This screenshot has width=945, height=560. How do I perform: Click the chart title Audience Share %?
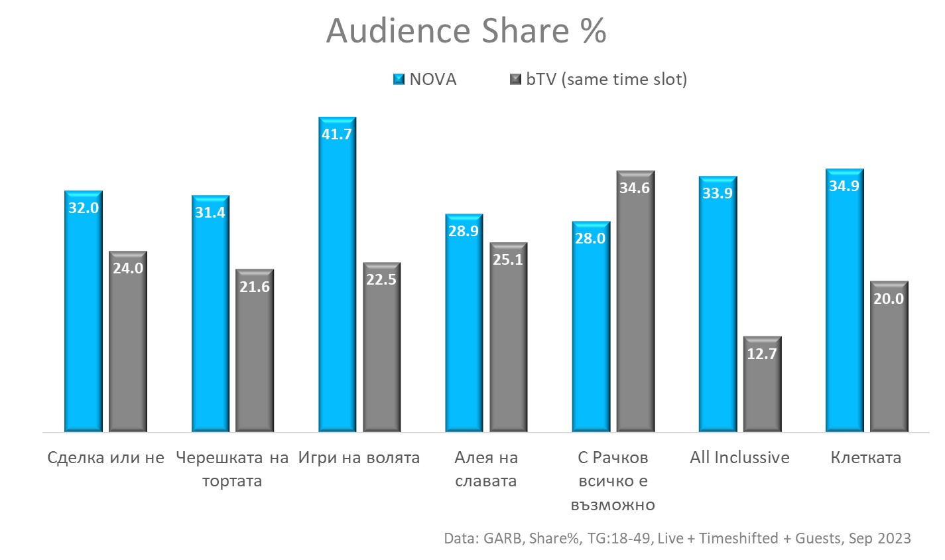(x=466, y=31)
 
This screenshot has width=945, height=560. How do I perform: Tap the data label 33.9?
(x=718, y=194)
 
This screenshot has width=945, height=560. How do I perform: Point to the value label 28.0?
(x=590, y=239)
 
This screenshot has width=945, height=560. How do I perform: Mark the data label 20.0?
(x=889, y=299)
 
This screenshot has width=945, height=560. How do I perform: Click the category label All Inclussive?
(x=739, y=457)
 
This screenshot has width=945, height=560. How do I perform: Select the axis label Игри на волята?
(x=359, y=457)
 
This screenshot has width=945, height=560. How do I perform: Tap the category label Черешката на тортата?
(x=232, y=468)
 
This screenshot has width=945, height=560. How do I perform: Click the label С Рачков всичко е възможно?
(x=613, y=480)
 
